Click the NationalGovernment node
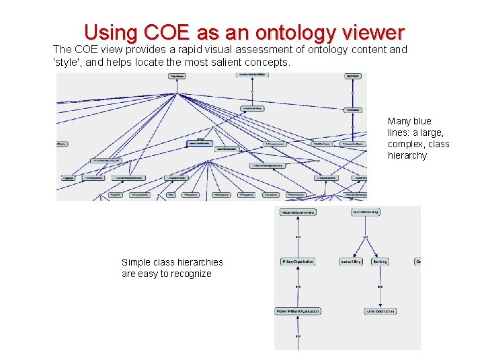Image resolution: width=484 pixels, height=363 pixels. [x=298, y=212]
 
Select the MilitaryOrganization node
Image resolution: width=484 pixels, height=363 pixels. [x=298, y=261]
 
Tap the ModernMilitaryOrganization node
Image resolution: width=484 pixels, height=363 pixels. [x=298, y=311]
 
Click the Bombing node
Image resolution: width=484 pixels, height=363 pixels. [x=380, y=261]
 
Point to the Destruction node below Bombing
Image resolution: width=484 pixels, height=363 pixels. [x=380, y=311]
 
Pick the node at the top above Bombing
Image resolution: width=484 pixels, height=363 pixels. [x=366, y=212]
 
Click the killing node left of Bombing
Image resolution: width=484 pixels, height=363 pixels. [x=350, y=261]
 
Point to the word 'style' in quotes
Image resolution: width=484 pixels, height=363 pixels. [x=67, y=63]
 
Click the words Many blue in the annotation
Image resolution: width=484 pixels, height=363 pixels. [x=409, y=121]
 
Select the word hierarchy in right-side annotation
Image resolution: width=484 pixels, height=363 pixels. [x=407, y=155]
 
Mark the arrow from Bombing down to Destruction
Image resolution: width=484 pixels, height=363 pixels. [x=380, y=286]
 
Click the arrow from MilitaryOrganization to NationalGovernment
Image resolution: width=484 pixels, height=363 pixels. [x=298, y=237]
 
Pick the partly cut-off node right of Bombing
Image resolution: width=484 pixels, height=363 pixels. [x=417, y=261]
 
